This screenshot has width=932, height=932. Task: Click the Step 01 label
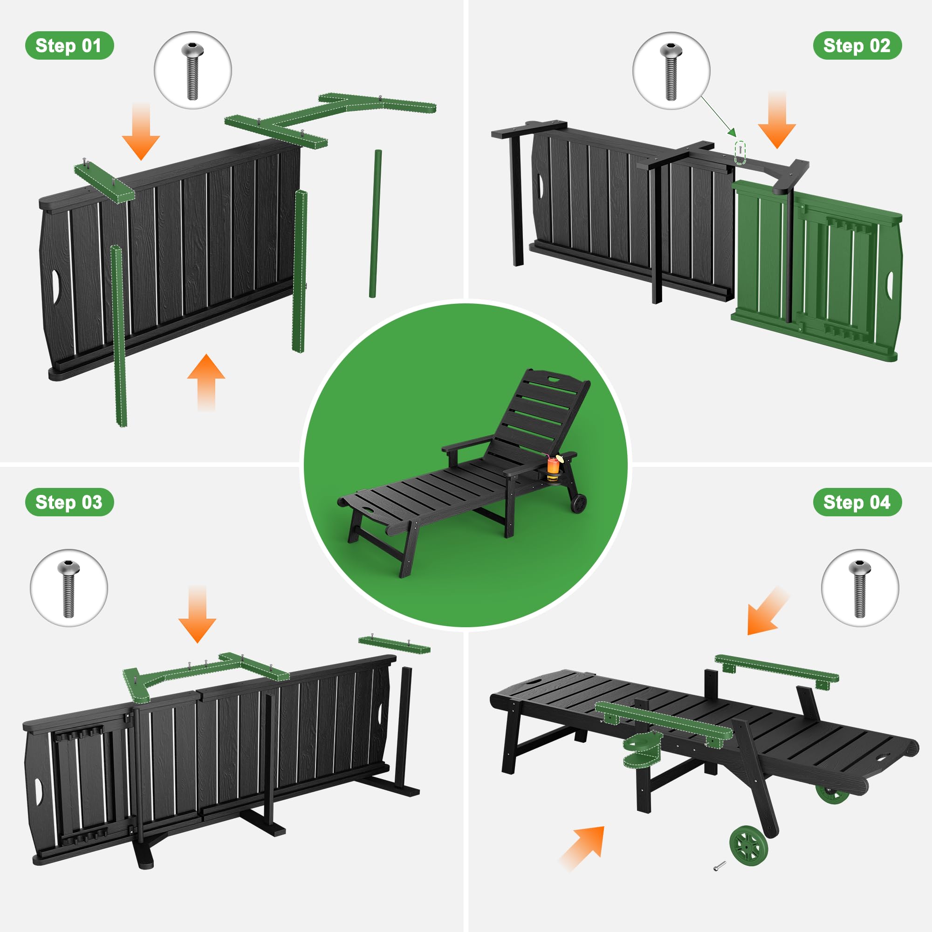click(x=69, y=46)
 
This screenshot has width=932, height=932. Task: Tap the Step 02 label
click(x=857, y=46)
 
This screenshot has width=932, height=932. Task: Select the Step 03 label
click(x=69, y=502)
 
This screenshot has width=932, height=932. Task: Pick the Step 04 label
click(x=857, y=502)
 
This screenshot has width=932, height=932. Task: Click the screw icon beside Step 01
click(x=192, y=70)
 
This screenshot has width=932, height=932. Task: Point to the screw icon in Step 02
click(x=671, y=70)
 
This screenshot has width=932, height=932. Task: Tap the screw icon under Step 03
click(x=69, y=588)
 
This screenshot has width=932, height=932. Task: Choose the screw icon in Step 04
click(x=860, y=588)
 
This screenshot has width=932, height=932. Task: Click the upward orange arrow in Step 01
click(x=206, y=382)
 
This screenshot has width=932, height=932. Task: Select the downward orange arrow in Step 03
click(x=197, y=614)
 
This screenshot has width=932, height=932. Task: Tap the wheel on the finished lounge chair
click(x=579, y=503)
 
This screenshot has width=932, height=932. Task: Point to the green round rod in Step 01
click(x=375, y=224)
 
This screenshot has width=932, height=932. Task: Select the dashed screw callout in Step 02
click(x=740, y=152)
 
